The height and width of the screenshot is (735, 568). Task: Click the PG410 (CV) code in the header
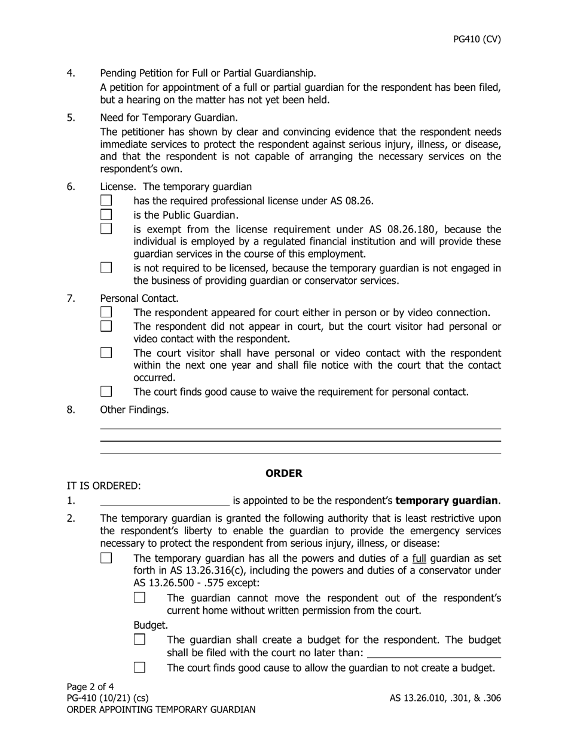pyautogui.click(x=477, y=39)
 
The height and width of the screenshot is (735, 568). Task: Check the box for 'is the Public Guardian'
pyautogui.click(x=106, y=215)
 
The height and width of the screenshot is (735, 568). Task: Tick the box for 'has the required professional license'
pyautogui.click(x=106, y=201)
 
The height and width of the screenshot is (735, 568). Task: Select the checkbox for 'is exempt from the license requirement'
pyautogui.click(x=106, y=229)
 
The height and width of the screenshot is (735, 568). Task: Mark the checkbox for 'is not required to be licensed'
pyautogui.click(x=106, y=268)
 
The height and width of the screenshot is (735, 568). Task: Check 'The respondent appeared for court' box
pyautogui.click(x=106, y=313)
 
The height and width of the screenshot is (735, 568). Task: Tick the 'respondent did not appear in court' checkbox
pyautogui.click(x=106, y=326)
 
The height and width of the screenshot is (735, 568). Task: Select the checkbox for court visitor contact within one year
pyautogui.click(x=106, y=353)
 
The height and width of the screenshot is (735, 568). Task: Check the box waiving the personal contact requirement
pyautogui.click(x=106, y=392)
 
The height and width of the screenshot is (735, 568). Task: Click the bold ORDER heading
pyautogui.click(x=284, y=473)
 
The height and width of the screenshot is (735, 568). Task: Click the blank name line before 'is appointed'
pyautogui.click(x=164, y=501)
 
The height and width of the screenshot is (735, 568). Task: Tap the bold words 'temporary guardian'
pyautogui.click(x=447, y=501)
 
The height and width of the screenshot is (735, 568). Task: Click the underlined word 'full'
pyautogui.click(x=419, y=558)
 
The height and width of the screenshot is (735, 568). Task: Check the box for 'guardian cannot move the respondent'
pyautogui.click(x=140, y=598)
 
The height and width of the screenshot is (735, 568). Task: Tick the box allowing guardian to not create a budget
pyautogui.click(x=140, y=667)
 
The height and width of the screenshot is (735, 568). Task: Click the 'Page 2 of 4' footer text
pyautogui.click(x=90, y=687)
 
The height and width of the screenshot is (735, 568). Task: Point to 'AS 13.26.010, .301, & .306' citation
pyautogui.click(x=445, y=698)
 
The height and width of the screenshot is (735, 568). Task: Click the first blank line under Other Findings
pyautogui.click(x=300, y=428)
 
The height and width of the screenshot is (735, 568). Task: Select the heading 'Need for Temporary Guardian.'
pyautogui.click(x=169, y=118)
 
